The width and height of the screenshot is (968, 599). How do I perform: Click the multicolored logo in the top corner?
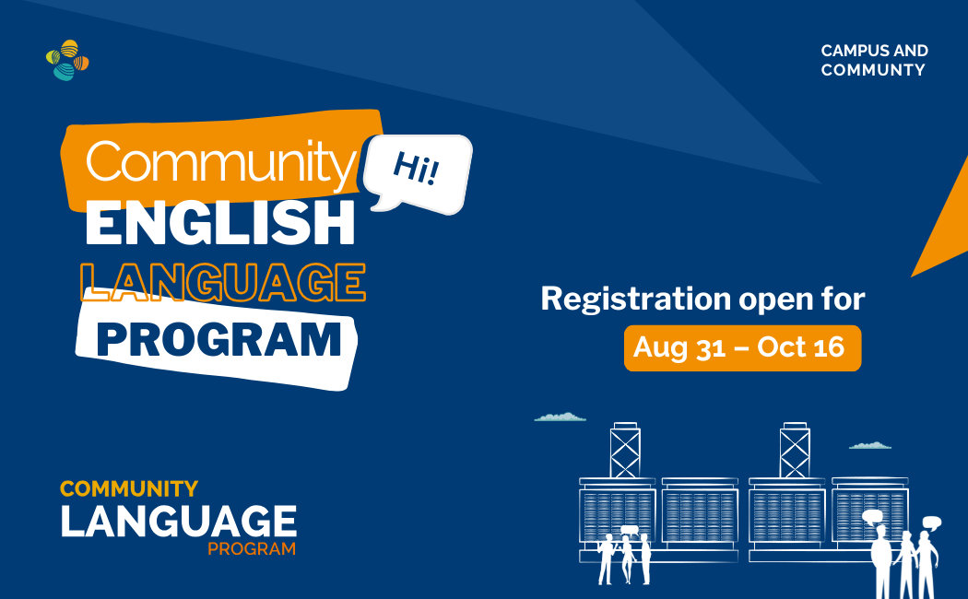(x=67, y=60)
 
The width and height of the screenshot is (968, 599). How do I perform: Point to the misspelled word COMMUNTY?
(x=873, y=70)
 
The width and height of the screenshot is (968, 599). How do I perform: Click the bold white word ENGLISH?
(x=220, y=223)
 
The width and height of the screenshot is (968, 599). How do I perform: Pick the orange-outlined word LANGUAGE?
(x=223, y=282)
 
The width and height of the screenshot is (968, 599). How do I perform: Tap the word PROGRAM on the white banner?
(x=219, y=340)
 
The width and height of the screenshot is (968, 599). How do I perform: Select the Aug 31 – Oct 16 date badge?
(x=742, y=348)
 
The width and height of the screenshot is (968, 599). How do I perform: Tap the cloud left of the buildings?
(x=560, y=417)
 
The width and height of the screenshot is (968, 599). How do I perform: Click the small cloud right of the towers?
(x=870, y=445)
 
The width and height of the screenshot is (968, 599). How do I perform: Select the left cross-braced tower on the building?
(x=625, y=451)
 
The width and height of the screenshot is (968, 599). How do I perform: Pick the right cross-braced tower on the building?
(x=795, y=451)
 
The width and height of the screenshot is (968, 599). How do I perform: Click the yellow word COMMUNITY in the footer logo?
(x=129, y=489)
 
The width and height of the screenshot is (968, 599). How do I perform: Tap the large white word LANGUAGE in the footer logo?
(x=179, y=522)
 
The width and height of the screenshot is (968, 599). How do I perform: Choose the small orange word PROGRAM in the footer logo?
(x=252, y=548)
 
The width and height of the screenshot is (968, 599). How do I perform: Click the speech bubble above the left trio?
(x=629, y=530)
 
